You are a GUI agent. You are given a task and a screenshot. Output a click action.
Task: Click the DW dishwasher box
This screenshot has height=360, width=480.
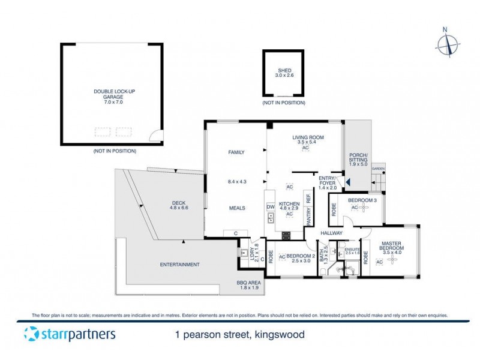(x=270, y=208)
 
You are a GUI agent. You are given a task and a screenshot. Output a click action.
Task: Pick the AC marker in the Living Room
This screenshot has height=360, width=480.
(x=305, y=148)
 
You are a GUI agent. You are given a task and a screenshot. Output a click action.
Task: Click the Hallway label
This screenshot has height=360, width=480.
(x=331, y=232)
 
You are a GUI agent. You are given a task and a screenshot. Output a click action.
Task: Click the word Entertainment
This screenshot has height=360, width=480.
(x=179, y=265)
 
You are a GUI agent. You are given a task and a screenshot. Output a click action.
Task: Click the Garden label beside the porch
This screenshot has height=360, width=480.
(x=378, y=169)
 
